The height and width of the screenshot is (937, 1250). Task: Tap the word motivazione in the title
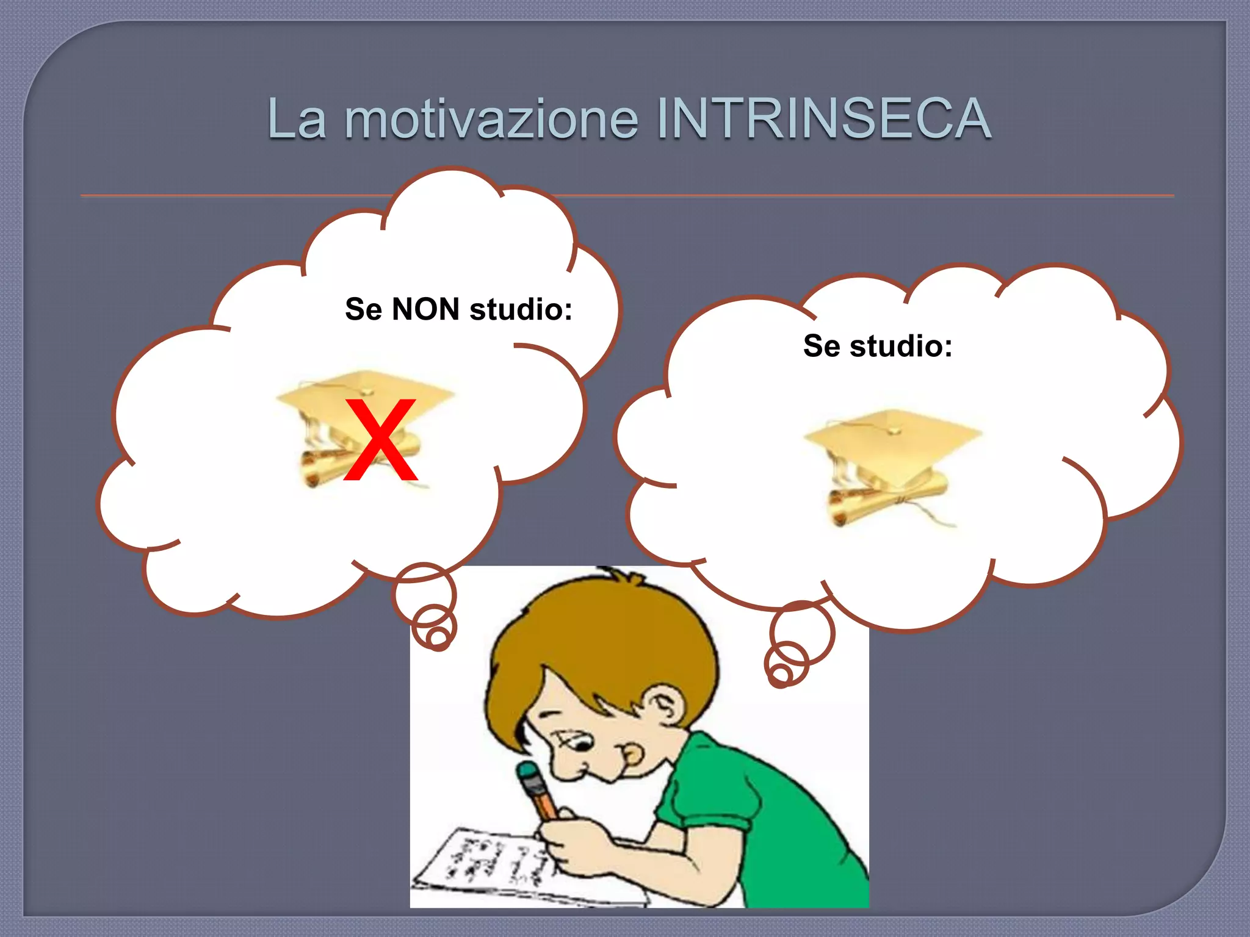(x=491, y=118)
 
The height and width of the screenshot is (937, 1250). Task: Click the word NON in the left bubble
(x=425, y=309)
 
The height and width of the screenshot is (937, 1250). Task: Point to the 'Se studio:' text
(x=877, y=346)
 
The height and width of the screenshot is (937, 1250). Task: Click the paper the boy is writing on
(x=488, y=866)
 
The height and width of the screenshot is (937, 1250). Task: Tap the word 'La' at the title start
(x=297, y=118)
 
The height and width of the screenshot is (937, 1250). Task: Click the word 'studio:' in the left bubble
(x=521, y=309)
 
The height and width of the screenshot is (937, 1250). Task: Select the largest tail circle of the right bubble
(x=802, y=631)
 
